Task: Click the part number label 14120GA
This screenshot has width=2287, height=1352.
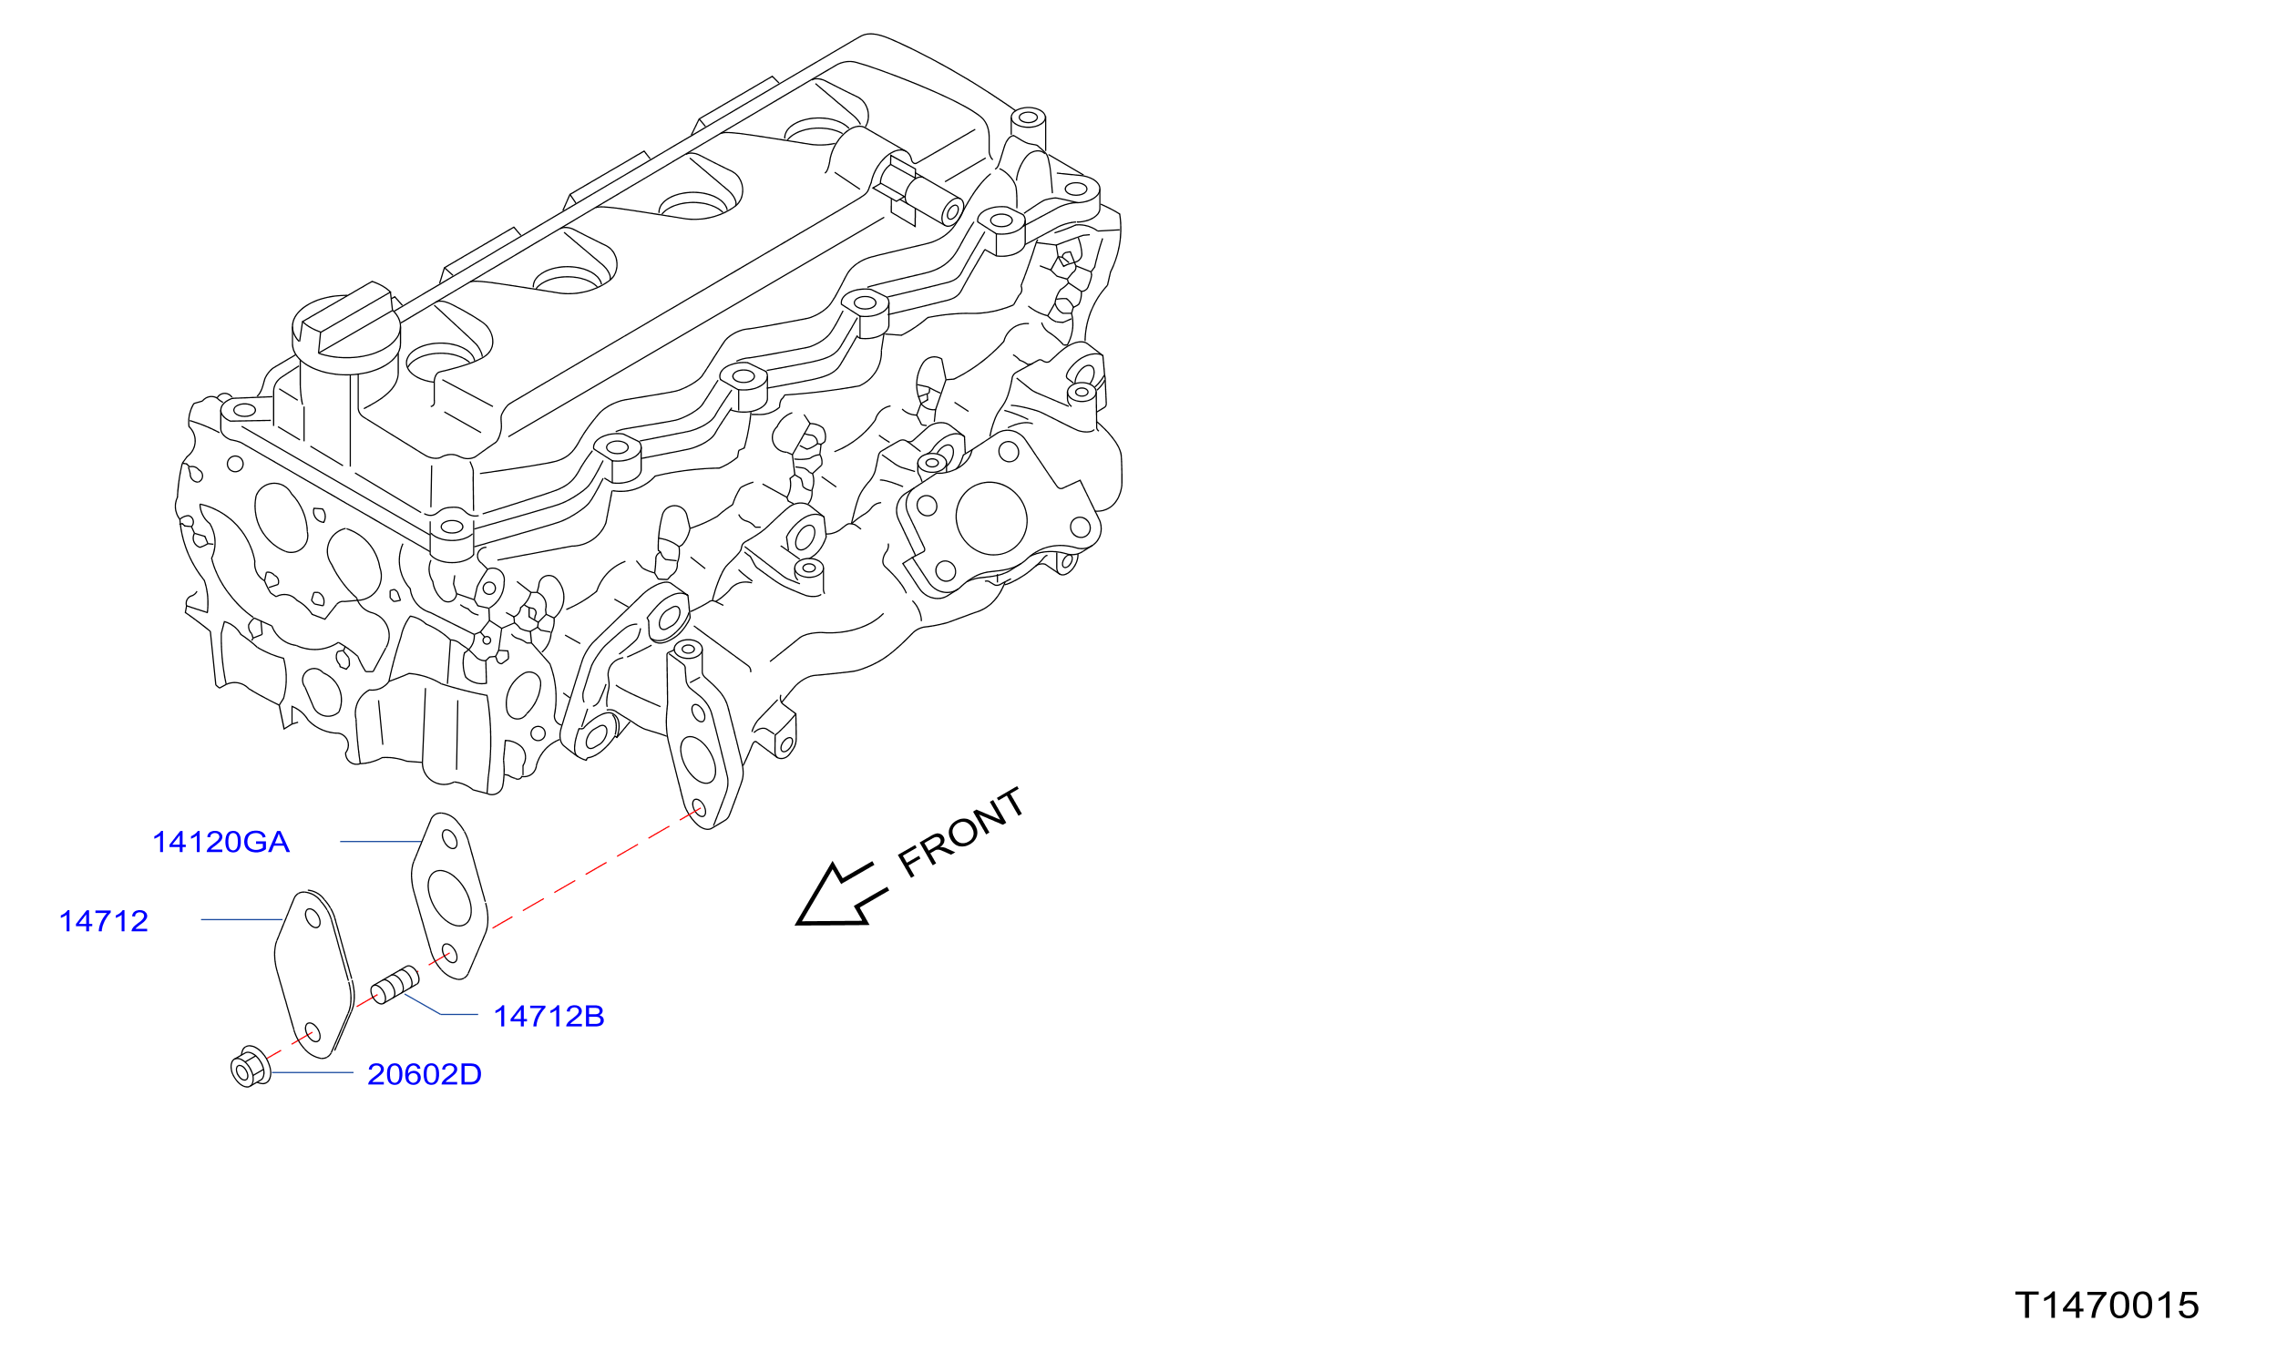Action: [220, 842]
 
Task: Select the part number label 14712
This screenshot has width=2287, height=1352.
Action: [104, 921]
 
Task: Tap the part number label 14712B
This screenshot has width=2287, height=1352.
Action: [549, 1016]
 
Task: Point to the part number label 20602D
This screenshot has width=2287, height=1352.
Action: [425, 1074]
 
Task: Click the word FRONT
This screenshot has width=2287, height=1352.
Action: [961, 832]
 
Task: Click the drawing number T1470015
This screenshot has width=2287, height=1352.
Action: [2108, 1306]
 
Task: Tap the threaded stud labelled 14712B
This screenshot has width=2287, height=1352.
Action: [395, 986]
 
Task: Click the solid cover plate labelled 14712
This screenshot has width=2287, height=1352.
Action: [314, 975]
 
